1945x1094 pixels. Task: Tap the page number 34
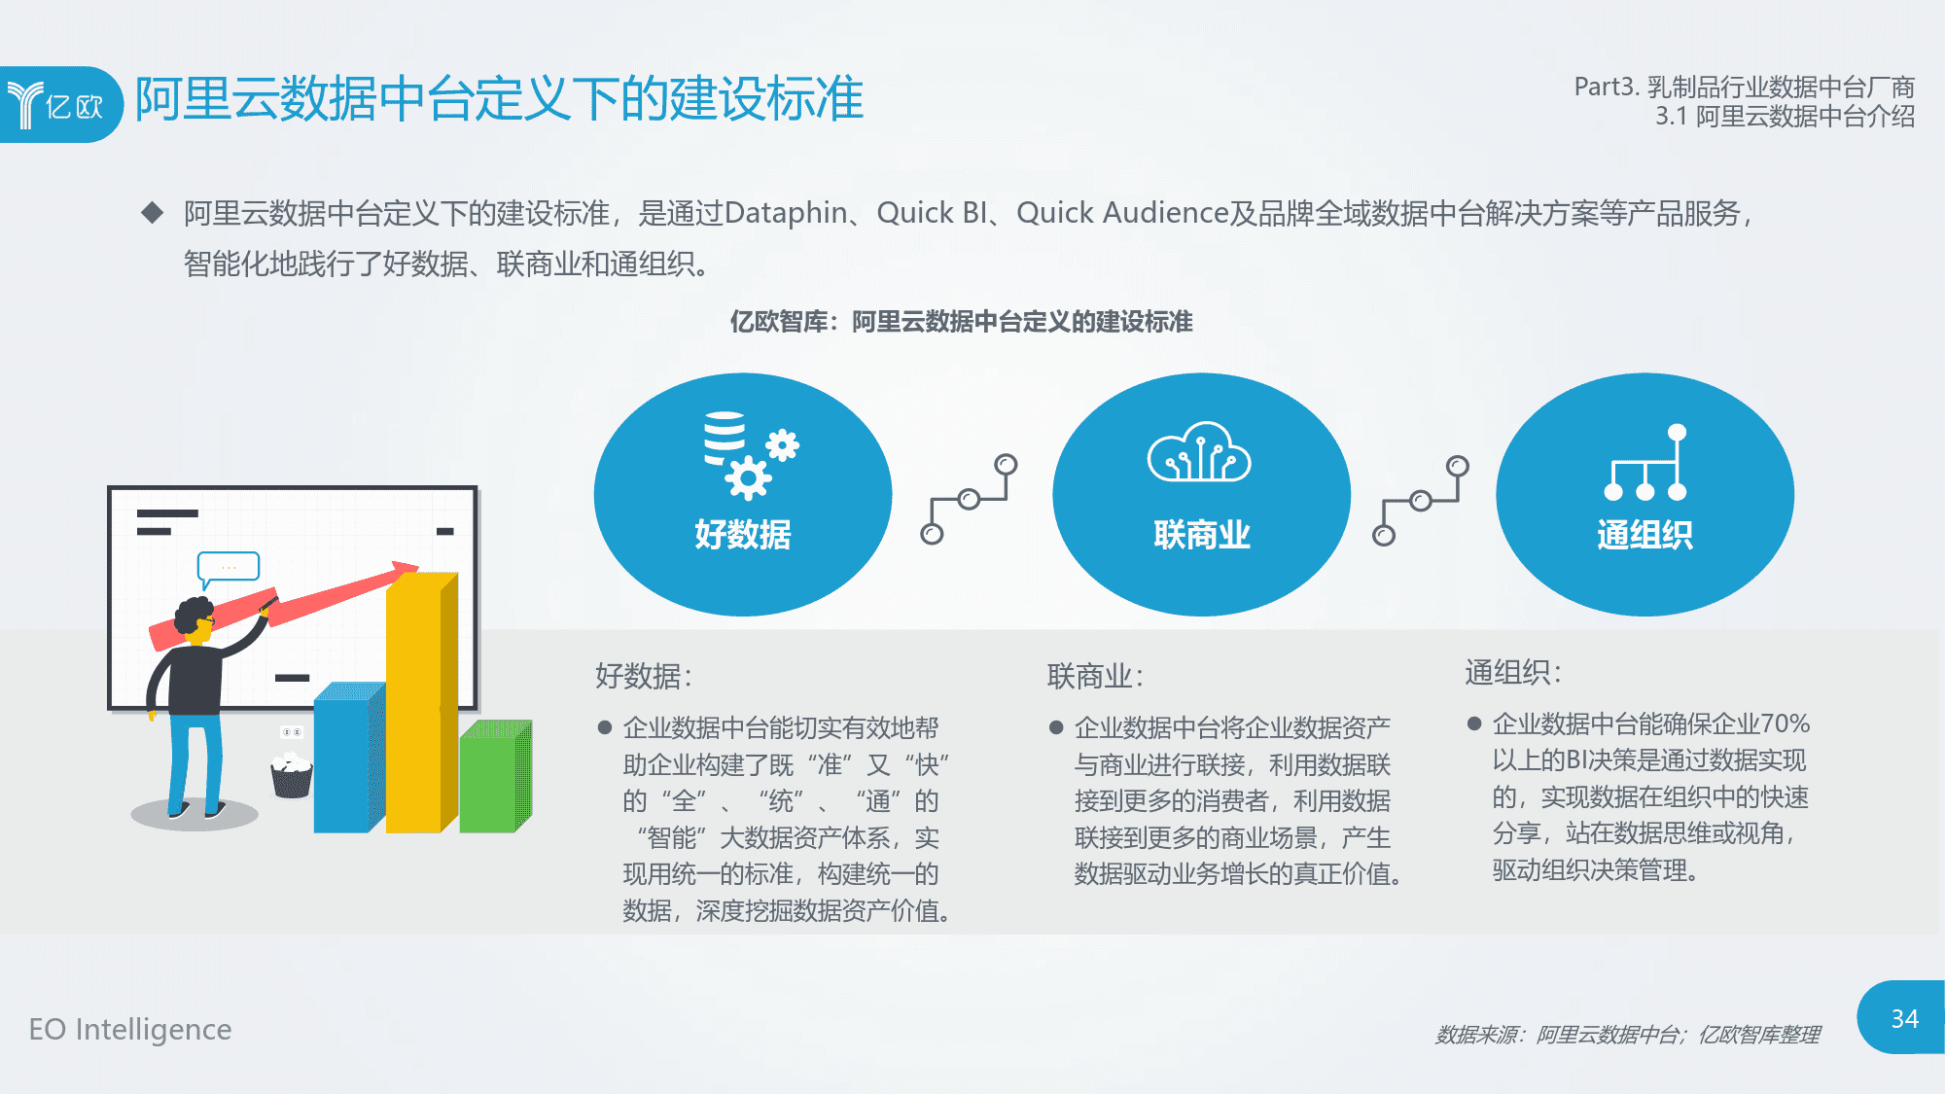click(1904, 1018)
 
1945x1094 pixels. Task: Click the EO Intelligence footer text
click(130, 1029)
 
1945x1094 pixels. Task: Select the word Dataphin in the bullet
click(786, 213)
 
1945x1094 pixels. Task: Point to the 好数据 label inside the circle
click(743, 534)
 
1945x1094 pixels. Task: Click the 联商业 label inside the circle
click(1202, 534)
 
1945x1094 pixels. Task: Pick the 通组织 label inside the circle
click(1644, 534)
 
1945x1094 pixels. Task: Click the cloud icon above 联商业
click(1199, 451)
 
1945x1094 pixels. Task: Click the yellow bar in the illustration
click(421, 702)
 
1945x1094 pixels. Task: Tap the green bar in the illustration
click(495, 777)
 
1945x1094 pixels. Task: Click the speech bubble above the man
click(228, 569)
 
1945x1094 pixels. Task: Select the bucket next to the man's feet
click(292, 775)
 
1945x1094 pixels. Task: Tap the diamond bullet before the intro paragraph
click(153, 212)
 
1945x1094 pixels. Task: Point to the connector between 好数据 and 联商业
click(969, 499)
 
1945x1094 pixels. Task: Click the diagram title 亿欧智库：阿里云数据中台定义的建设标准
click(961, 322)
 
